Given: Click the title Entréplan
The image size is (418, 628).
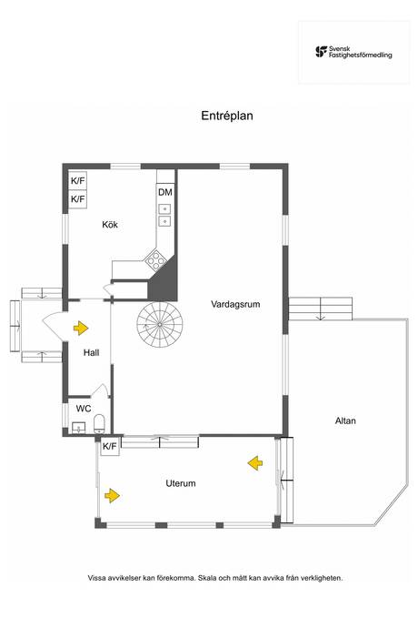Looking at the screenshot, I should point(227,116).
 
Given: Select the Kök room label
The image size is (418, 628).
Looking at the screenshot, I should point(110,225).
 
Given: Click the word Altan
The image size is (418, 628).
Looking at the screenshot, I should point(344,420).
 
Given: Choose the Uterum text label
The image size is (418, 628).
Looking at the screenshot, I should point(181,483).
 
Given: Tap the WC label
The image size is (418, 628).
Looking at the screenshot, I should point(83,409).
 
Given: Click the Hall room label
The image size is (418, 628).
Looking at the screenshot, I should point(91,352).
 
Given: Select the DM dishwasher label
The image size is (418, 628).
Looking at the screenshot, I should point(164,192).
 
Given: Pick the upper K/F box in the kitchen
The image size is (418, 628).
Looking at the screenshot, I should point(78,180).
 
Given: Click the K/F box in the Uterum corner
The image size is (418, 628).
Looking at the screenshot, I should point(110,446).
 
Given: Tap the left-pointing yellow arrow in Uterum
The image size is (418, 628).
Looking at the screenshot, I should point(254,464).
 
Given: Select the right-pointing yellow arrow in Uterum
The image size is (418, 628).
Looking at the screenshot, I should point(113,495).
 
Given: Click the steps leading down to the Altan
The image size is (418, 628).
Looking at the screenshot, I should point(320,308).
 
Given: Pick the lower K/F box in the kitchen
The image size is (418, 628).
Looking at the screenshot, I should point(78,198).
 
